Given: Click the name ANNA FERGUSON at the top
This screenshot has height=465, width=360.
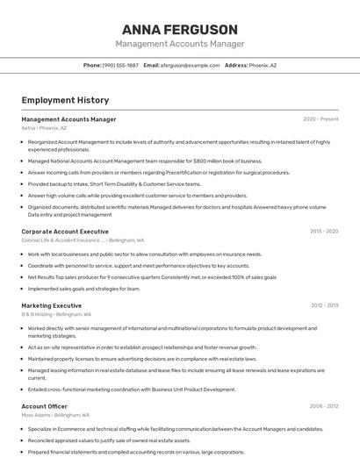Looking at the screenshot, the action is (180, 29).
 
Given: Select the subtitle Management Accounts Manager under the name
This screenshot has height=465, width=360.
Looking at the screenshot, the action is (180, 44).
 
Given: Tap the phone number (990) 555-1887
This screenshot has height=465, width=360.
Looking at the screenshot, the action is (120, 65).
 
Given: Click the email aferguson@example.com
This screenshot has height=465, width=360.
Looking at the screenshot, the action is (190, 65).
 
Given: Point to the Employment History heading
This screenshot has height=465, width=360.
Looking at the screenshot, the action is (65, 100).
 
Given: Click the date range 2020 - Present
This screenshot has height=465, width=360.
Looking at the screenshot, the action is (320, 119).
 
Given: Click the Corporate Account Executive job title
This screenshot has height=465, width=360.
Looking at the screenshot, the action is (65, 232).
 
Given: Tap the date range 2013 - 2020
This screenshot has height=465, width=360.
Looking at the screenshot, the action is (324, 232).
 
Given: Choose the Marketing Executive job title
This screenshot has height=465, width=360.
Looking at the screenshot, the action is (51, 305).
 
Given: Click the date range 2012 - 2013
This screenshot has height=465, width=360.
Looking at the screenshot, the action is (324, 305).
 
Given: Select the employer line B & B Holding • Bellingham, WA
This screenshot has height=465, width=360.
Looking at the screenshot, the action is (56, 314).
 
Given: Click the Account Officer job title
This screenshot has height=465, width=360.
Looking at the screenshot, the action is (44, 406).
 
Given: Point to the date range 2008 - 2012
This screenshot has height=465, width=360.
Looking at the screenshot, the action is (324, 406).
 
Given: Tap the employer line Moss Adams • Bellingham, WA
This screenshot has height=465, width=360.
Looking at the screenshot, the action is (55, 415).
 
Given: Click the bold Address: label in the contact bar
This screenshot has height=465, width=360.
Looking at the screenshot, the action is (236, 65).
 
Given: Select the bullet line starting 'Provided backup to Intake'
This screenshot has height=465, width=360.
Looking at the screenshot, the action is (114, 184).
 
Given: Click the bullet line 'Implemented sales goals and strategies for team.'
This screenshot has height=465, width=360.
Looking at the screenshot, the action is (83, 289).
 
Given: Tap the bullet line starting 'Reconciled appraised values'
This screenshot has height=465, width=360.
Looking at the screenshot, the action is (109, 440).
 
